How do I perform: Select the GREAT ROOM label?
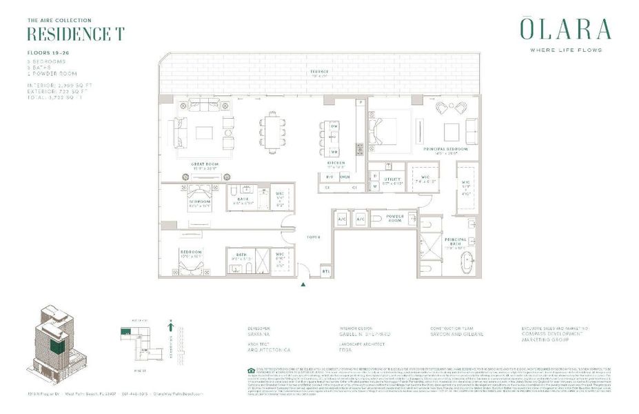205,164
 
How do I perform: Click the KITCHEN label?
336,163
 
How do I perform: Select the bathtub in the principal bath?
468,263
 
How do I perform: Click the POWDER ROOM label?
394,219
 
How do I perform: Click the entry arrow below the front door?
303,283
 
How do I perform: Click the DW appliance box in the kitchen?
334,127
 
